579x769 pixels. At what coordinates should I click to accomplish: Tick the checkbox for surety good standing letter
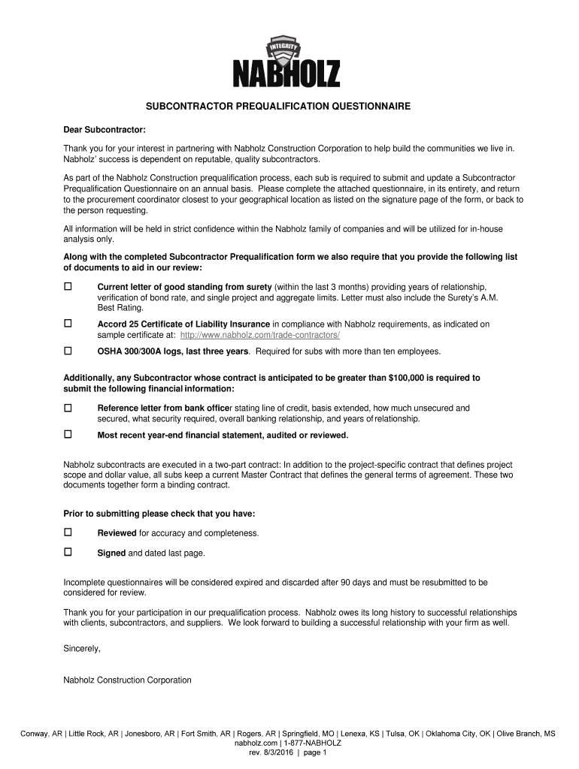pos(68,287)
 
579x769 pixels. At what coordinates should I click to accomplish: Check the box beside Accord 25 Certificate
pos(68,324)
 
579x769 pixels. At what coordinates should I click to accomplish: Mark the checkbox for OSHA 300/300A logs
pos(68,351)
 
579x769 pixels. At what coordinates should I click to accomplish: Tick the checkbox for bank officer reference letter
pos(68,408)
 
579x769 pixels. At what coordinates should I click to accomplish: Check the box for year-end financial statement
pos(68,435)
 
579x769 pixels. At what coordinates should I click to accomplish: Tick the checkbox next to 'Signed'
pos(68,553)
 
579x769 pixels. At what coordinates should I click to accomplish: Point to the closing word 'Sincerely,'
pos(82,647)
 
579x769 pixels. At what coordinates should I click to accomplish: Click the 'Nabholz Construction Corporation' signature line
pos(127,680)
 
